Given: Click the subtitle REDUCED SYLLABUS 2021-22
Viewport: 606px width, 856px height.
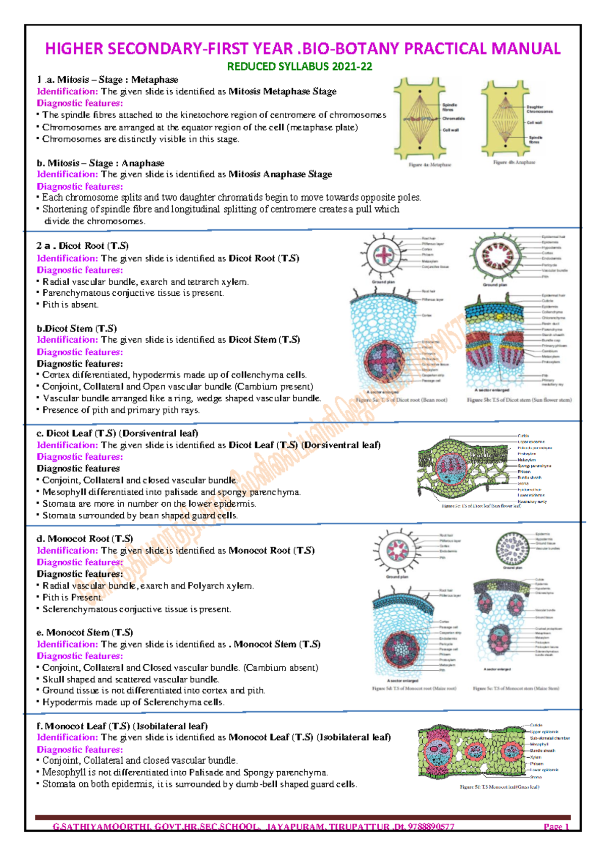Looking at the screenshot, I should [299, 67].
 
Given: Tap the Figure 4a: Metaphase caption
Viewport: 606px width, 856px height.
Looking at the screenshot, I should [430, 165].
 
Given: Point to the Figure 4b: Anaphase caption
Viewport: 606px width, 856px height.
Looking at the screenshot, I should [514, 163].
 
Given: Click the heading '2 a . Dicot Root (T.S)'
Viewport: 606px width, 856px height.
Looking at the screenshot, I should [82, 246].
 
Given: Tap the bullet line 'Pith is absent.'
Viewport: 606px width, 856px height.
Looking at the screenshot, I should [70, 304].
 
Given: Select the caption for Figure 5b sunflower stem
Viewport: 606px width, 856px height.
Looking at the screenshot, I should [519, 400].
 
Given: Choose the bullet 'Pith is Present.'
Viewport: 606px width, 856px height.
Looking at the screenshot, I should [72, 597].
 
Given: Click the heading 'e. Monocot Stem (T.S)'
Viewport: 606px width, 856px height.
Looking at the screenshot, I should [85, 632].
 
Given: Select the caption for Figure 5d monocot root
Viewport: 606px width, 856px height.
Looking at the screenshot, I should [414, 688].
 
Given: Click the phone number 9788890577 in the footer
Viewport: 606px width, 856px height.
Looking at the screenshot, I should [430, 827].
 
